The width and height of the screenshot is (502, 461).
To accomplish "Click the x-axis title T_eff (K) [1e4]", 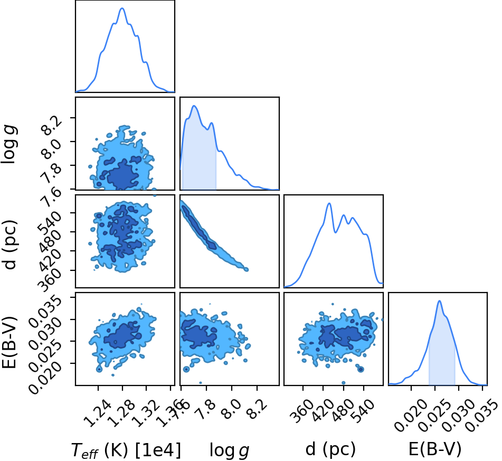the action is pos(126,450).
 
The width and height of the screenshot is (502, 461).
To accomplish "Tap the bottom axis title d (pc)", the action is pos(330,449).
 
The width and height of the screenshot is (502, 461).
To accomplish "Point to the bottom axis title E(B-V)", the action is pos(435,449).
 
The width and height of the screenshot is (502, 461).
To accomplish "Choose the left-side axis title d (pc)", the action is pos(10,244).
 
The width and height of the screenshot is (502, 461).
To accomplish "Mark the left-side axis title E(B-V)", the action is pos(9,342).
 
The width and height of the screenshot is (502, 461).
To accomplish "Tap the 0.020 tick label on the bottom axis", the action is pos(411,416).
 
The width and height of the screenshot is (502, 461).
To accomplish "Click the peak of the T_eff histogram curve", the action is pos(122,8).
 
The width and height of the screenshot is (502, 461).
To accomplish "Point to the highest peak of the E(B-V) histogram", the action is pos(440,301).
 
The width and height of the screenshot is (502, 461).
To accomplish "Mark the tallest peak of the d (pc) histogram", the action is pos(329,203).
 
